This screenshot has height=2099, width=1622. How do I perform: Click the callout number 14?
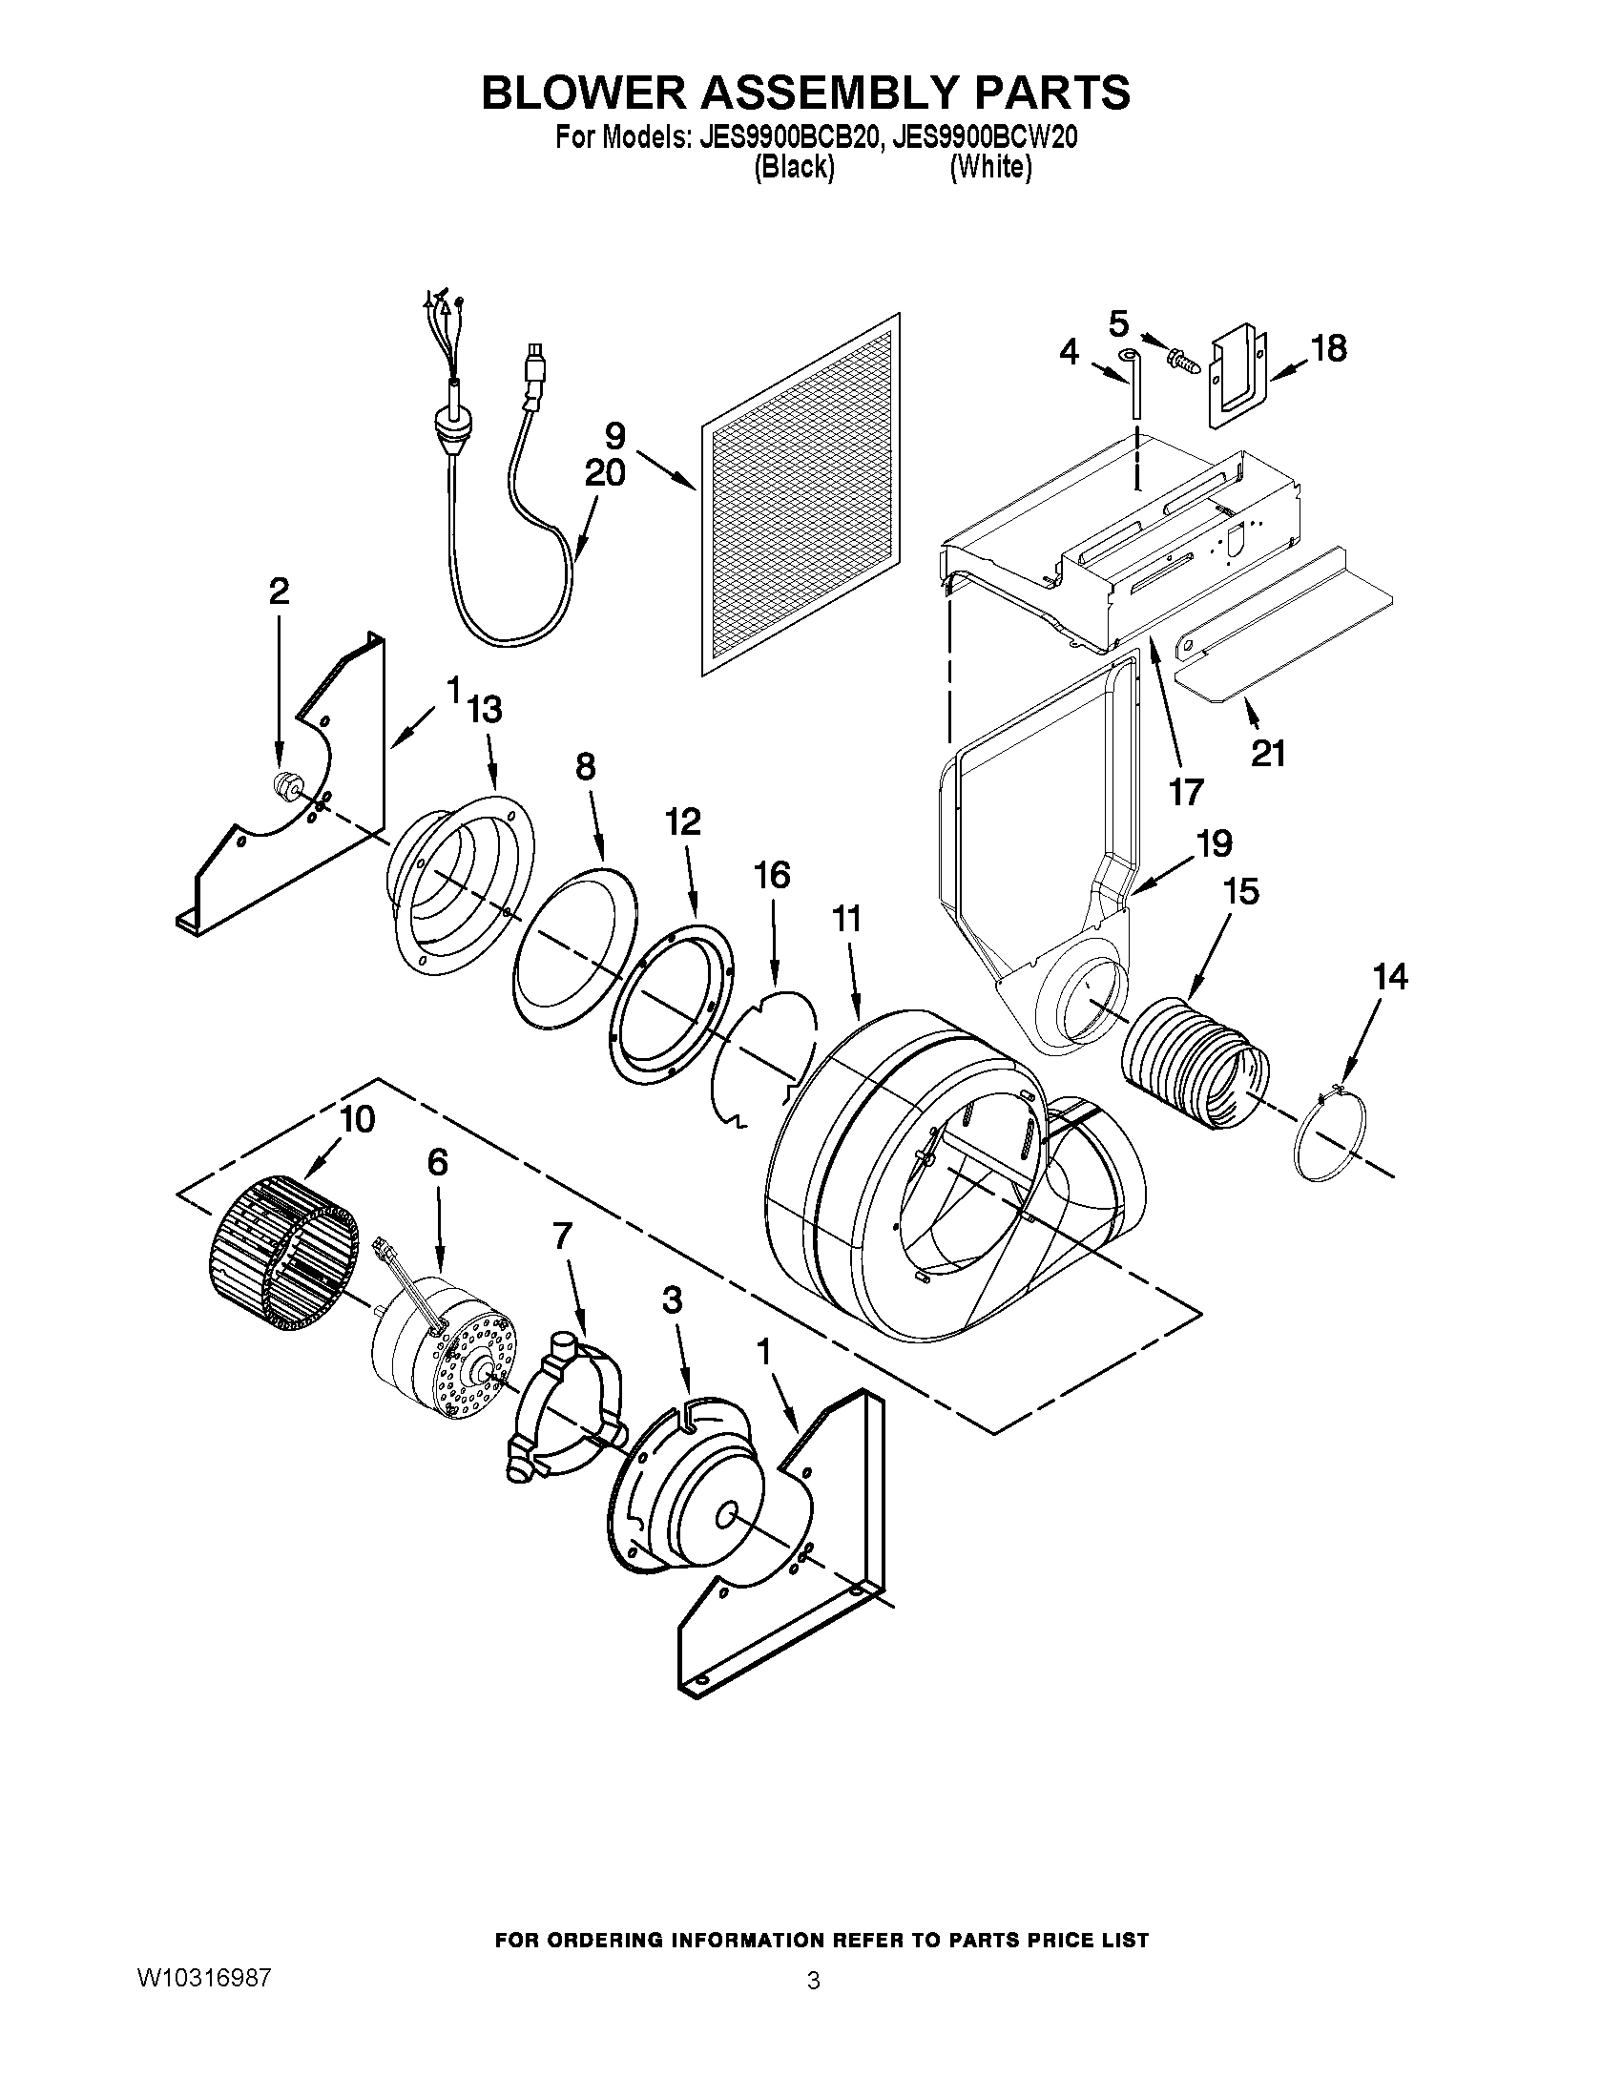point(1389,976)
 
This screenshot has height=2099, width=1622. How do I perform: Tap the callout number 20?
point(604,473)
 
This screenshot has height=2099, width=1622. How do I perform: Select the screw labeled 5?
point(1178,362)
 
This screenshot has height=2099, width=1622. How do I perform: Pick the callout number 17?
point(1186,792)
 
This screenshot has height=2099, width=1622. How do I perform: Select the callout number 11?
point(846,920)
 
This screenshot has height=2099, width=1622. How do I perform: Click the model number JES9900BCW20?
point(984,138)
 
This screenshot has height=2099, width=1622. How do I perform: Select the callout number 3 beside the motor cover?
point(672,1300)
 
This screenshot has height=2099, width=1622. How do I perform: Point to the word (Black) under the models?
point(793,168)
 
